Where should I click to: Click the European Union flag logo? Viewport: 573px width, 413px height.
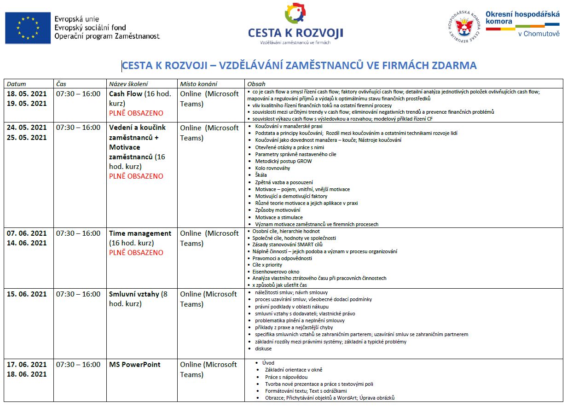tap(28, 28)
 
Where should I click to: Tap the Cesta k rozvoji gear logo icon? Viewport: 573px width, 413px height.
tap(295, 13)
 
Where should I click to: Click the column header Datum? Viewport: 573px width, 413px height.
tap(17, 84)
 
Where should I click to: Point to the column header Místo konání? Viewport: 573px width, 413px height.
tap(198, 84)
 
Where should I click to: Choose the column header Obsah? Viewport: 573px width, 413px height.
tap(256, 84)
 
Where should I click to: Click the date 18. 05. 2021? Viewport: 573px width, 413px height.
tap(27, 94)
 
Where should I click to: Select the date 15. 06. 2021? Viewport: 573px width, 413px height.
tap(27, 294)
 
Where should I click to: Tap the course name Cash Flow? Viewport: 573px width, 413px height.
tap(126, 94)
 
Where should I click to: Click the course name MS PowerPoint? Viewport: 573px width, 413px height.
tap(135, 365)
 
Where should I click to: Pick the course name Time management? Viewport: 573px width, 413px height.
tap(140, 233)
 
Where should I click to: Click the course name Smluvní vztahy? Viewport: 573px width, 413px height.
tap(134, 294)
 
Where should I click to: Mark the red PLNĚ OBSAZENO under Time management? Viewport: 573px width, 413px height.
tap(136, 253)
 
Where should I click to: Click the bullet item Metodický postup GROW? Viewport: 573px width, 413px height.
tap(284, 161)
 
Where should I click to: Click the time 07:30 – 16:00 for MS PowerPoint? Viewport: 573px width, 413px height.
tap(78, 365)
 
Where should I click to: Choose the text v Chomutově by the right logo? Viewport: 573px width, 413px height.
tap(539, 34)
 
